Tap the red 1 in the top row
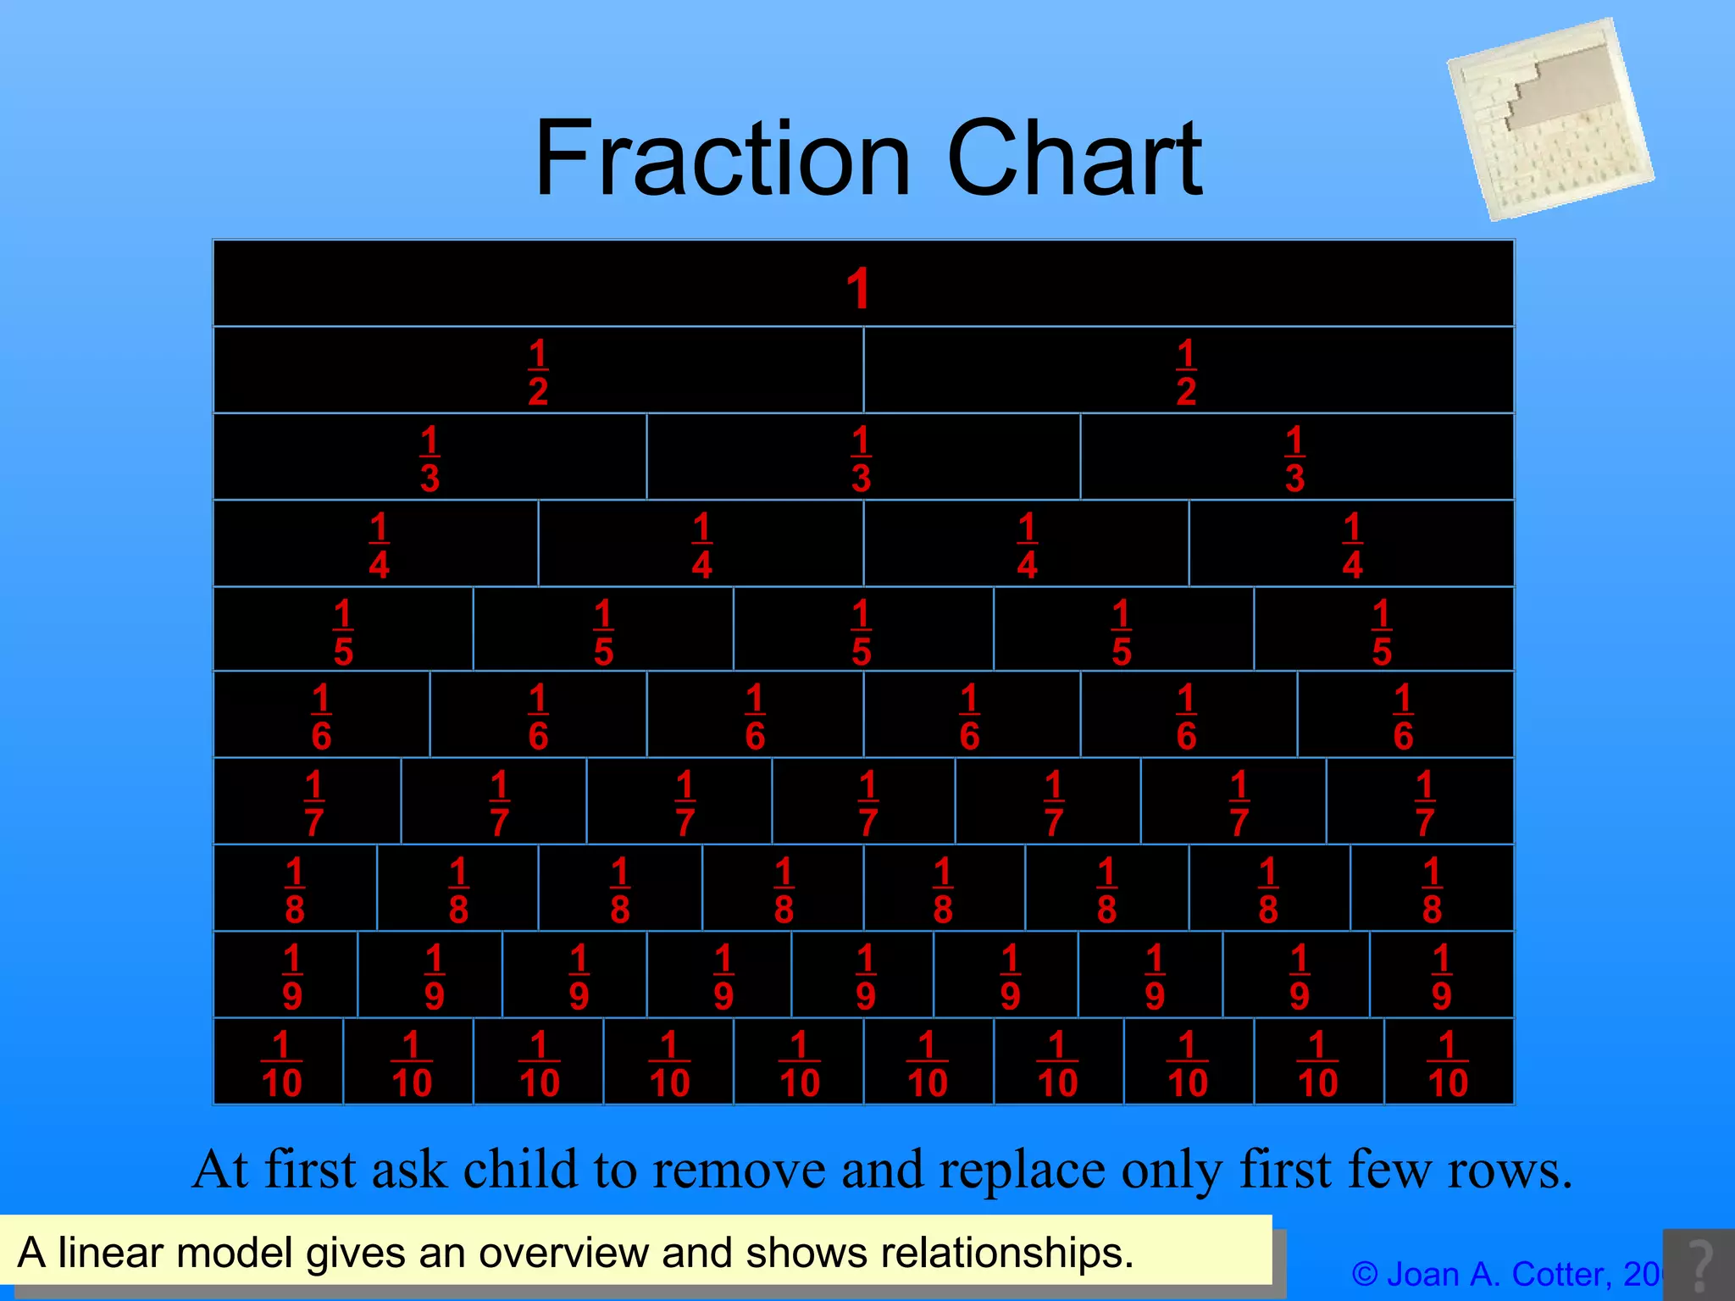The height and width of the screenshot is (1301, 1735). point(858,289)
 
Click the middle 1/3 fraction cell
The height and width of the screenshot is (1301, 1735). point(862,458)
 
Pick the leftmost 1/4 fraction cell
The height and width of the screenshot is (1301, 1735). point(379,545)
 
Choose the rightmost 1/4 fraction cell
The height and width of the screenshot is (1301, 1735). point(1352,545)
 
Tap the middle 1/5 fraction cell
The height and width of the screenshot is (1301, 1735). point(862,632)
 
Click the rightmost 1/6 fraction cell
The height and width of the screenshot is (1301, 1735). point(1403,717)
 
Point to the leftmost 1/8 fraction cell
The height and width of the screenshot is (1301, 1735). point(295,889)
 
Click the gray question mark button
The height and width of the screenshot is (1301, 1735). point(1699,1265)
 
